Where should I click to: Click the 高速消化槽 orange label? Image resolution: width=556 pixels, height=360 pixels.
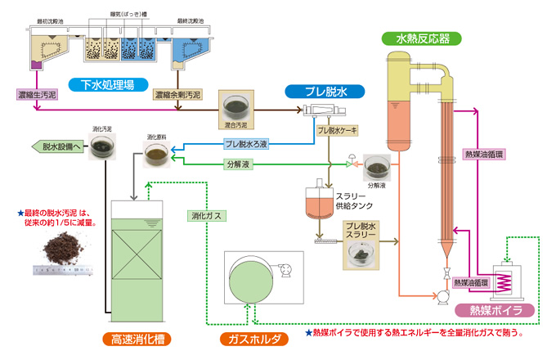[137, 338]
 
